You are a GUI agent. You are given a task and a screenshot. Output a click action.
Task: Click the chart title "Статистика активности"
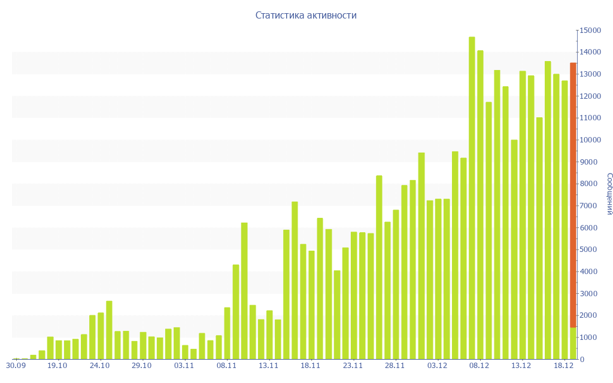tap(306, 16)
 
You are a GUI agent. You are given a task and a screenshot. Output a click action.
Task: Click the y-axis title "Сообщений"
tap(609, 193)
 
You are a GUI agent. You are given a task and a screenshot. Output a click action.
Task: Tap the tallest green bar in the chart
tap(472, 197)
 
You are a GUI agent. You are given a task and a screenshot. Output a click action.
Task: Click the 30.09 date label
tap(16, 366)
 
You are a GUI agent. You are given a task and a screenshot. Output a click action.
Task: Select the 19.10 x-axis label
tap(57, 366)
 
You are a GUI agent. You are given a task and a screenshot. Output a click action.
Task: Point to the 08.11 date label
tap(227, 366)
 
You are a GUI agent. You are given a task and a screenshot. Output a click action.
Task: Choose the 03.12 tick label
tap(438, 366)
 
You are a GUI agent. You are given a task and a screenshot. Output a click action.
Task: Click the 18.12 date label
tap(565, 366)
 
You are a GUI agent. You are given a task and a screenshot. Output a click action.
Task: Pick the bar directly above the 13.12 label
tap(523, 215)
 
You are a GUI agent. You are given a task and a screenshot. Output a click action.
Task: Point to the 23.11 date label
tap(353, 366)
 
